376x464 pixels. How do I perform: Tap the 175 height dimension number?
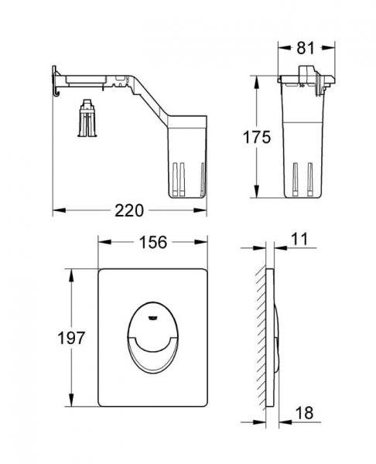click(255, 138)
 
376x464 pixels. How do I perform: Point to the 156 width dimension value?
click(153, 242)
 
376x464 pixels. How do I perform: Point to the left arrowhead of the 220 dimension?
click(56, 210)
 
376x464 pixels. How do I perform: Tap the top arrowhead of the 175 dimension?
click(256, 77)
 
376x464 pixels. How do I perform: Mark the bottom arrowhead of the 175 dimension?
click(256, 196)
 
